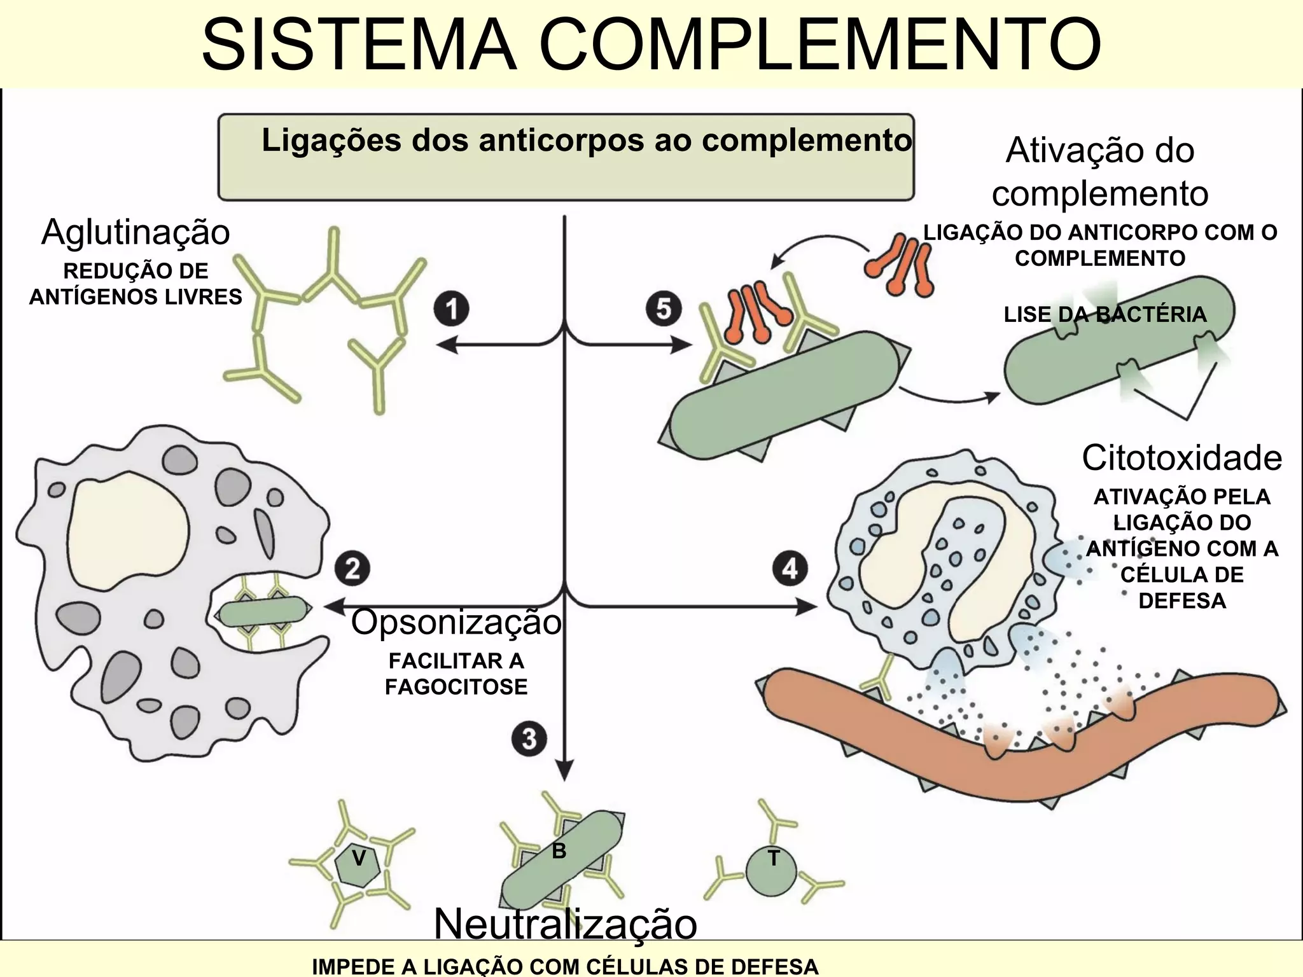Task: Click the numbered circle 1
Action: coord(452,309)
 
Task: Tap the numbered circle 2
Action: coord(352,568)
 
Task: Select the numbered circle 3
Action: coord(529,739)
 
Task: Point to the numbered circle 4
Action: coord(790,568)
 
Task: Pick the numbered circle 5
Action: coord(664,309)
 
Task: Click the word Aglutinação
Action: coord(136,232)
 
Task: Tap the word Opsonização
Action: coord(456,622)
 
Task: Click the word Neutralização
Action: coord(565,924)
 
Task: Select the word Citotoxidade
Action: coord(1181,458)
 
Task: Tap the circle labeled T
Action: coord(772,871)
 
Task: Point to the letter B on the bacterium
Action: coord(559,851)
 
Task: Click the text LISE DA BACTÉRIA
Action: coord(1105,314)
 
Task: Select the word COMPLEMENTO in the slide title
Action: coord(821,45)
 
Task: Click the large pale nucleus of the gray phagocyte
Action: coord(127,528)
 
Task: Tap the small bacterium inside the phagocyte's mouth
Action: coord(262,613)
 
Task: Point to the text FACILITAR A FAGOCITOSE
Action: coord(456,674)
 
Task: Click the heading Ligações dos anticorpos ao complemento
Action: coord(586,141)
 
